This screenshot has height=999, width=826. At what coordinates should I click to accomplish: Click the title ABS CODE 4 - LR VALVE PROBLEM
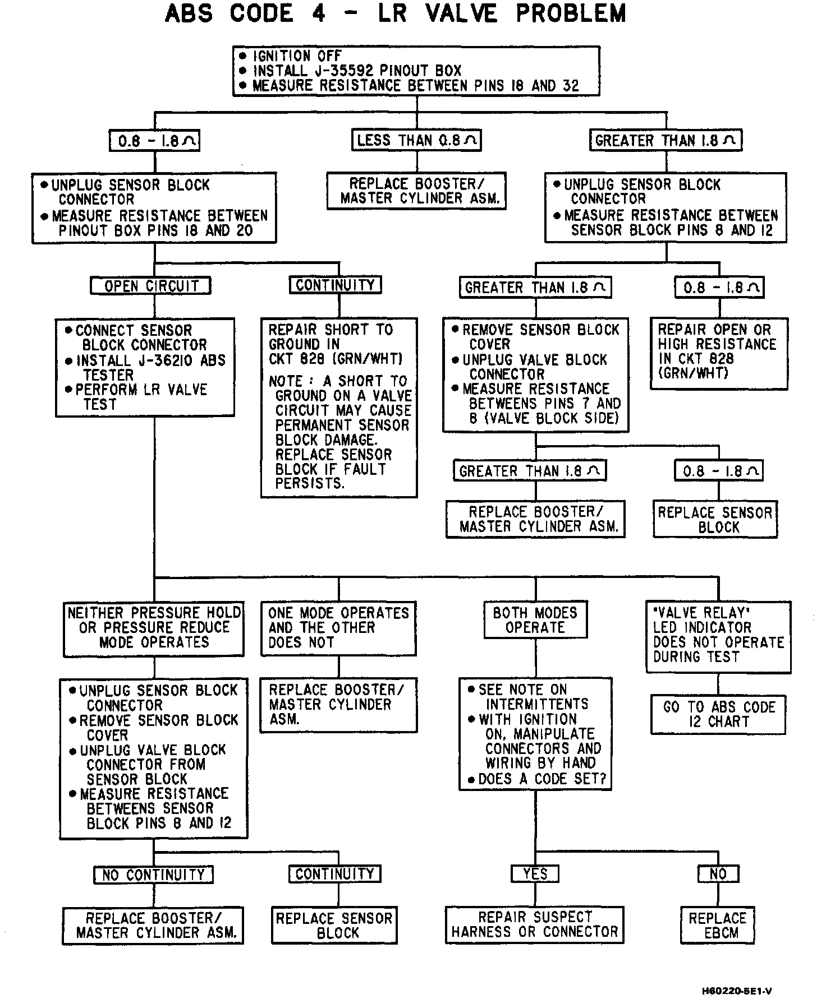click(396, 13)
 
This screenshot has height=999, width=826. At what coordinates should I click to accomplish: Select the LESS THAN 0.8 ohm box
click(417, 140)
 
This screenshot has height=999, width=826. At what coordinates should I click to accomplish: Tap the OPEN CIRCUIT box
click(150, 286)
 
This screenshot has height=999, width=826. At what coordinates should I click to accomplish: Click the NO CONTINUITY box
click(153, 875)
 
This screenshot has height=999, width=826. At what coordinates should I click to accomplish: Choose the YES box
click(535, 873)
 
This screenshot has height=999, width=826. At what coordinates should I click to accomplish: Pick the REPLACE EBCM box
click(718, 926)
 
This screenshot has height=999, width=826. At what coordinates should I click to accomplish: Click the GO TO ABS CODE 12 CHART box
click(718, 714)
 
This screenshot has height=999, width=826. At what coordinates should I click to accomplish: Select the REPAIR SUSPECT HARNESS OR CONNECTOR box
click(535, 924)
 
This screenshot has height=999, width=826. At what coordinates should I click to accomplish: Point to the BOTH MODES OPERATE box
click(535, 620)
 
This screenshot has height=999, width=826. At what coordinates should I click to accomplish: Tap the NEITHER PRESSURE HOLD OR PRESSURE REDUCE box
click(154, 628)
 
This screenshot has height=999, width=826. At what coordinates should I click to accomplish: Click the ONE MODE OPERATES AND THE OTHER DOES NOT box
click(338, 628)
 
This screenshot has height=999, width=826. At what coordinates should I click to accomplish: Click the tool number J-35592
click(343, 71)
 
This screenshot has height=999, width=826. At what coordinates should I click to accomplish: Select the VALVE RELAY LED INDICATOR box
click(718, 636)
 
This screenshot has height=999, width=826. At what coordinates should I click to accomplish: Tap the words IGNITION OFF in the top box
click(297, 56)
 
